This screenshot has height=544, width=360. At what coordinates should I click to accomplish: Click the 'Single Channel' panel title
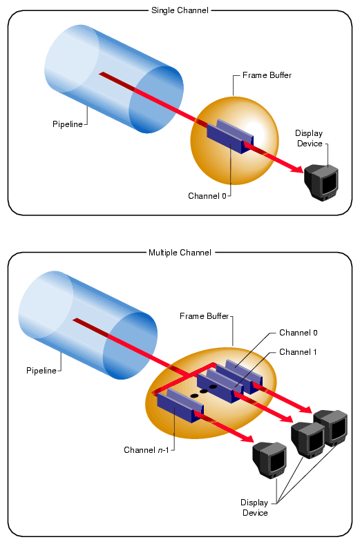[180, 10]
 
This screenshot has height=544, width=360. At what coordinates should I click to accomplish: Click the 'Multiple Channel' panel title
[180, 253]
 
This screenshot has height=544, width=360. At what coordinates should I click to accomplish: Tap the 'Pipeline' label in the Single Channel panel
[68, 124]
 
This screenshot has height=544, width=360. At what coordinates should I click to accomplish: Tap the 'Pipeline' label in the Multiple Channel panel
[41, 371]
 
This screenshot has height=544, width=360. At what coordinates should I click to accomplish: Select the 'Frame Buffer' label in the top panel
[267, 75]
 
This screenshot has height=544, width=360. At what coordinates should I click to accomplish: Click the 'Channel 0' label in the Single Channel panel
[207, 196]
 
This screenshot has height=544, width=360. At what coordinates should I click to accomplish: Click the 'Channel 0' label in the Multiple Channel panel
[298, 333]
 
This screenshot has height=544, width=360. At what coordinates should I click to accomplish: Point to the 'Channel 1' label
[298, 352]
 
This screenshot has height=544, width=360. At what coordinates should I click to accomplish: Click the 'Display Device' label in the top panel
[308, 138]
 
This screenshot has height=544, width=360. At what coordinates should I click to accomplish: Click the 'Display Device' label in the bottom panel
[254, 507]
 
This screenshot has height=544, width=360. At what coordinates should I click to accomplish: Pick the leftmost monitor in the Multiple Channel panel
[269, 458]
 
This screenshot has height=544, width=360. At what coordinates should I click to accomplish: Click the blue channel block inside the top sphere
[229, 136]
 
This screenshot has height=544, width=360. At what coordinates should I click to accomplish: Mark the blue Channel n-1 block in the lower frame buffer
[177, 407]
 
